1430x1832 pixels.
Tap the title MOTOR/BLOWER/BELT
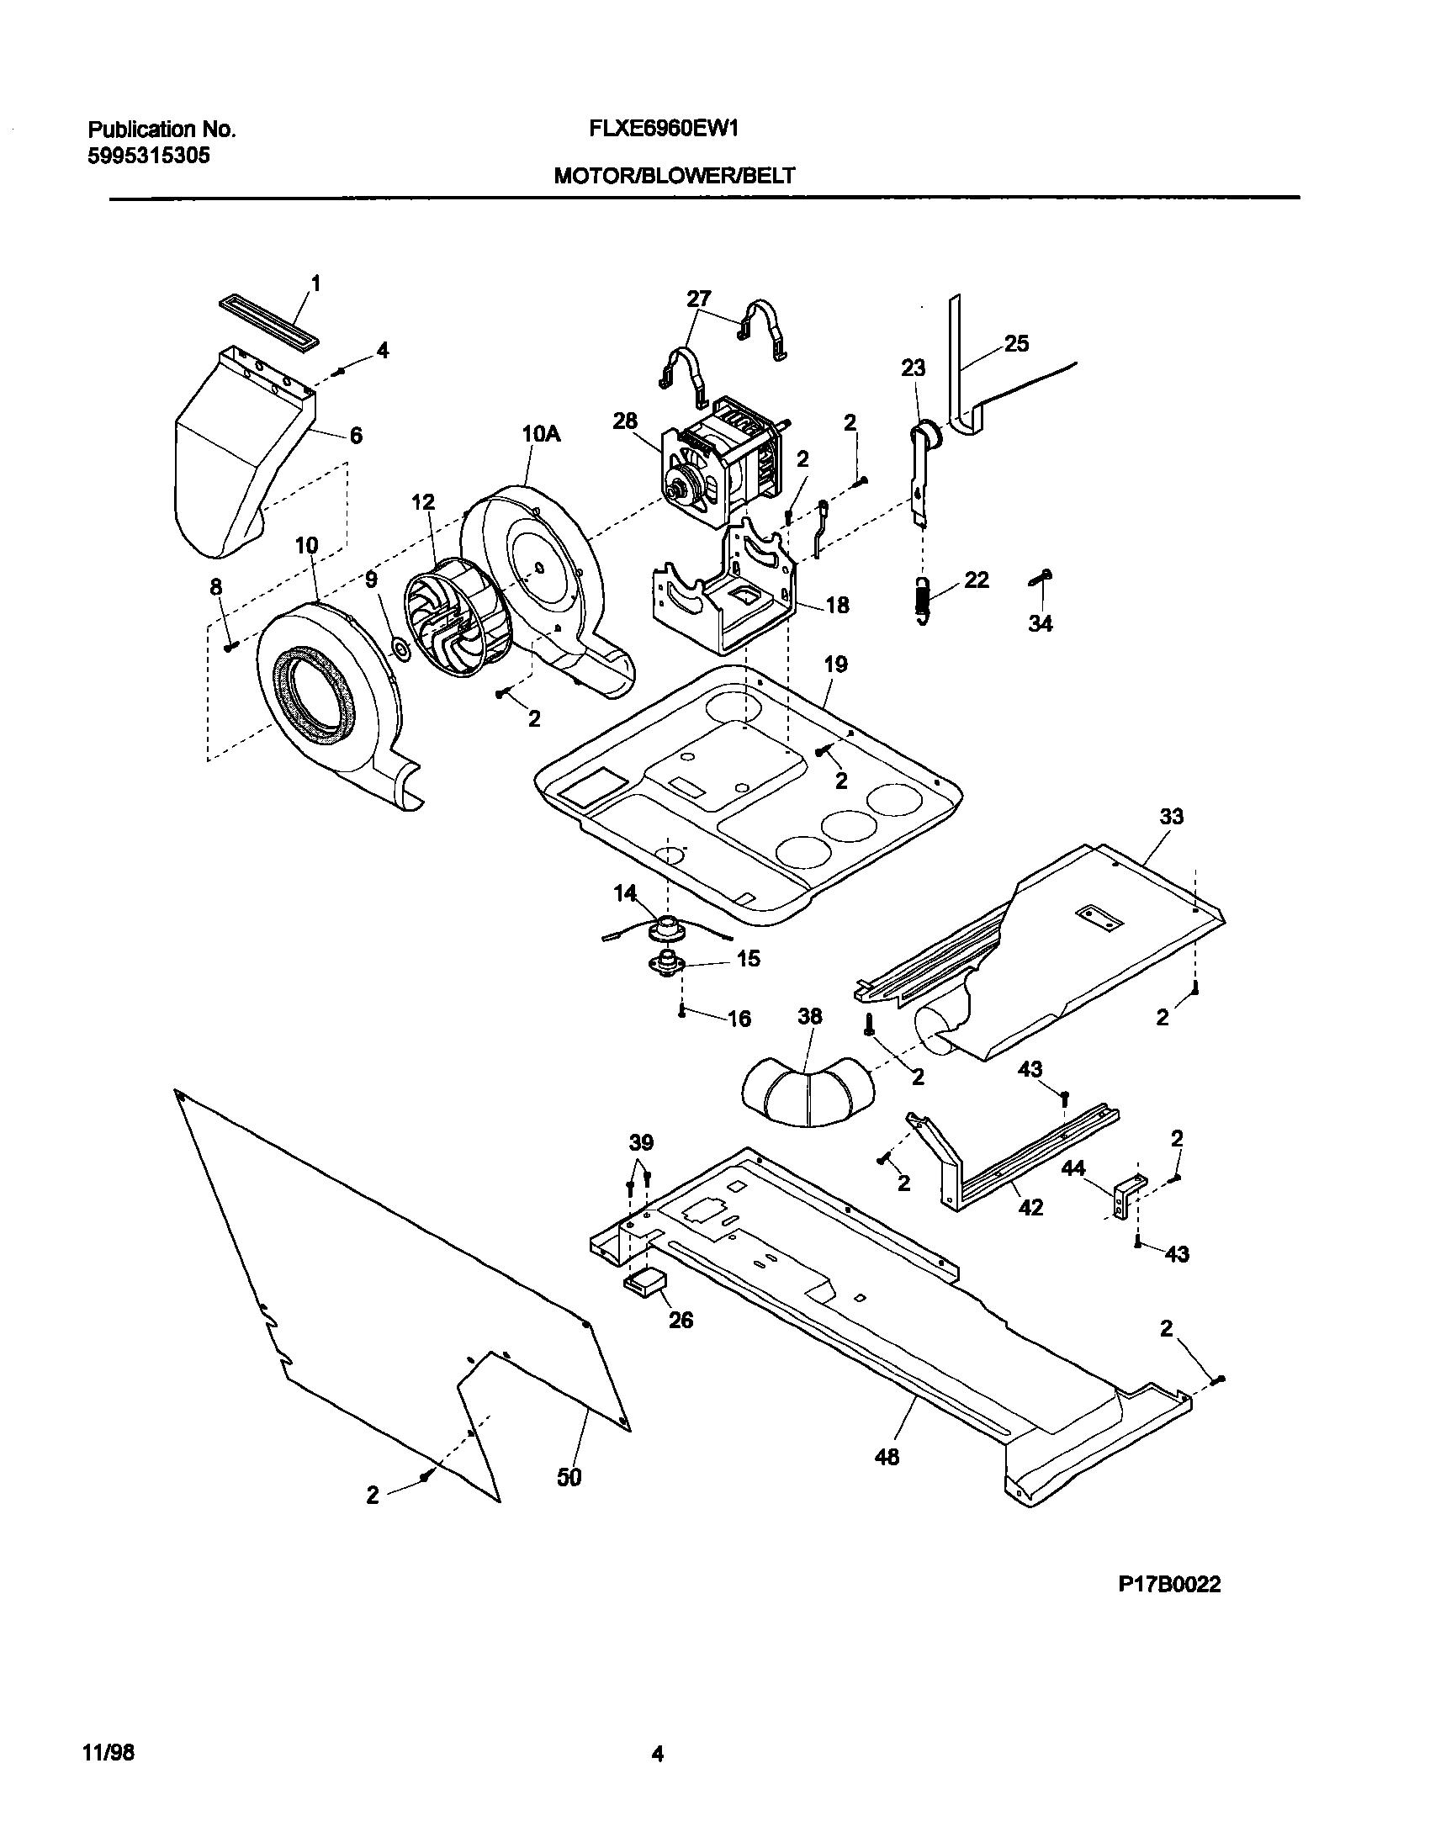tap(673, 176)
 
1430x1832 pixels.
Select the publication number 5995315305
tap(149, 156)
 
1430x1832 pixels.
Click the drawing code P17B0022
tap(1169, 1585)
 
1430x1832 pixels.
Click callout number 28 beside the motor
tap(625, 421)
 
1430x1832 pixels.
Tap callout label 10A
tap(541, 435)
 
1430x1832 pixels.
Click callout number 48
tap(887, 1457)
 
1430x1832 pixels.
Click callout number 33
tap(1171, 816)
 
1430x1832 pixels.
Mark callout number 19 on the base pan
tap(835, 664)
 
